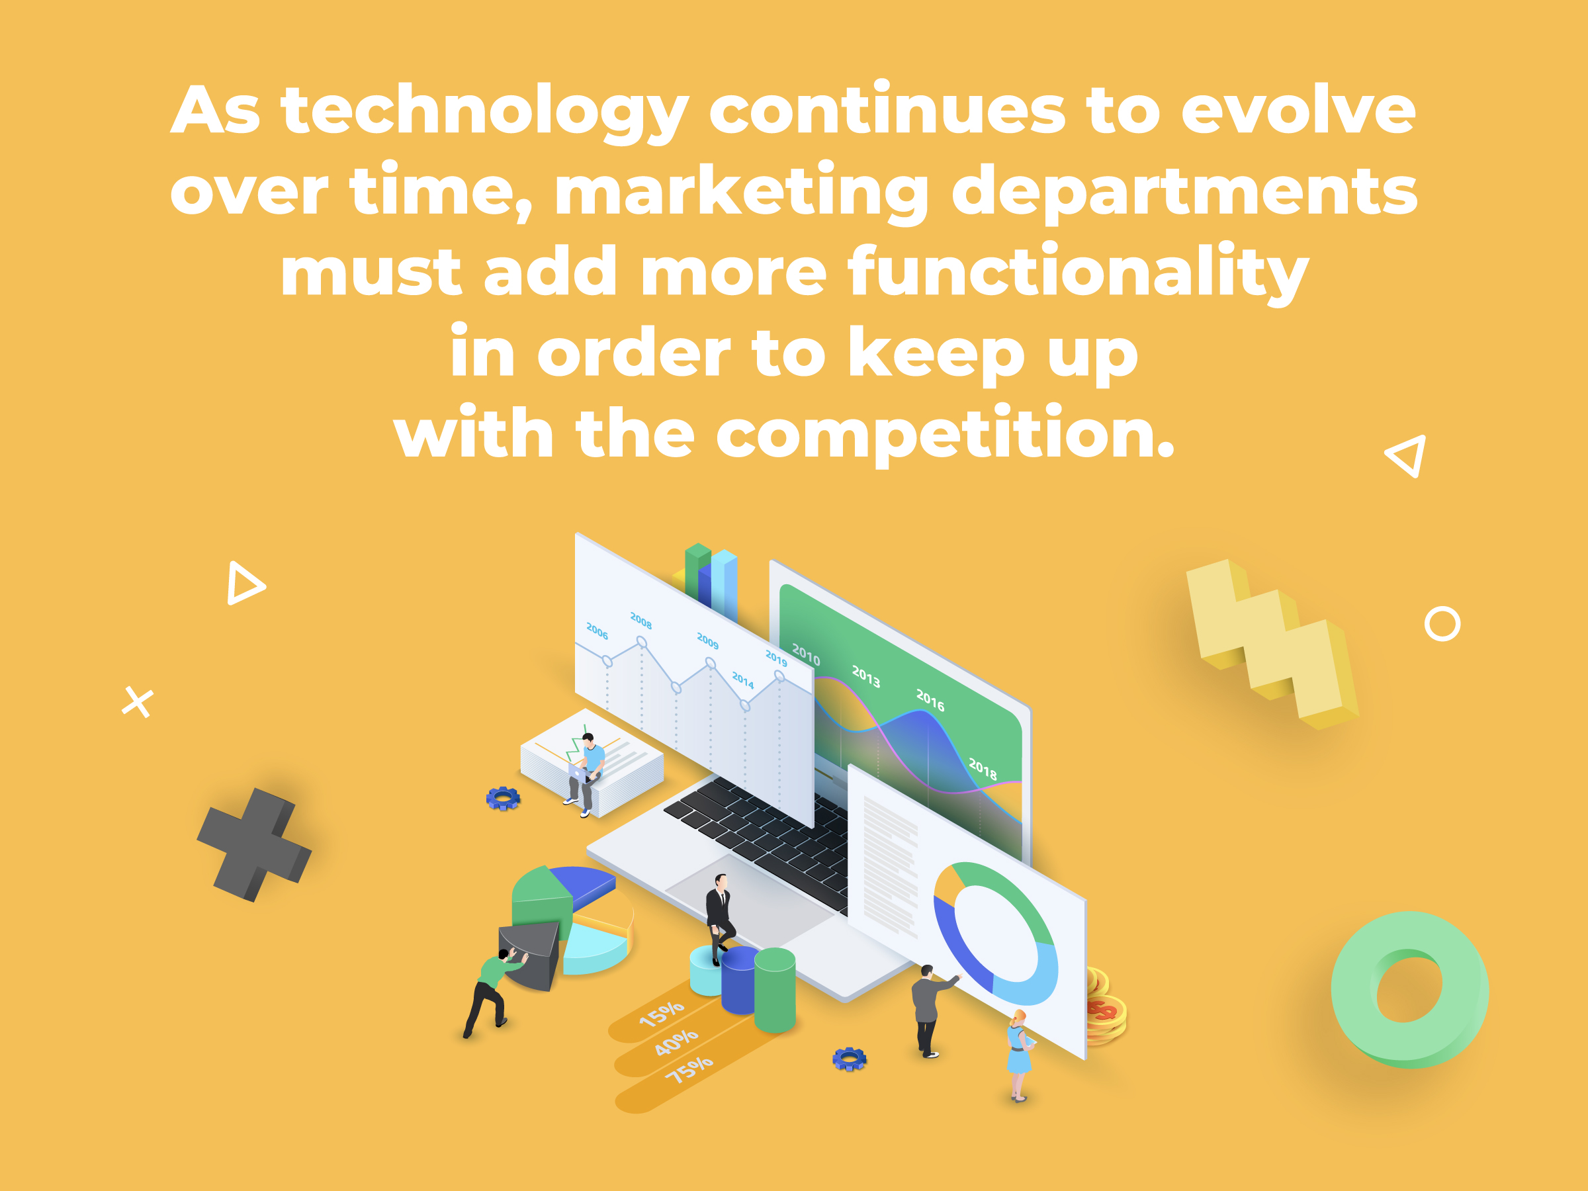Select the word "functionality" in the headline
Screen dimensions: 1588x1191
pos(1079,273)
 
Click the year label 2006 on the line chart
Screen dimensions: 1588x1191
pos(597,631)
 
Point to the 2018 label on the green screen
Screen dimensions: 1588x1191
pos(983,769)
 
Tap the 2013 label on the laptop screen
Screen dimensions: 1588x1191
pos(865,676)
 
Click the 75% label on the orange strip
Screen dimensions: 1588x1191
pos(689,1069)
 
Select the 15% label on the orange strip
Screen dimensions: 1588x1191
pos(661,1014)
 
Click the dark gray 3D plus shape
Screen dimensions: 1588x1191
pos(254,844)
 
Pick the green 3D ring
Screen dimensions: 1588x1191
pos(1409,990)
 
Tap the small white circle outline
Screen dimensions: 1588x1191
pos(1442,624)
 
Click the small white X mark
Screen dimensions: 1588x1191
pos(138,702)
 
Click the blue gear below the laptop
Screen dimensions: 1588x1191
pos(850,1059)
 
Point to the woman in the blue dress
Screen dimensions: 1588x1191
pos(1020,1055)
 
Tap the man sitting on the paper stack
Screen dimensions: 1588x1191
pos(585,774)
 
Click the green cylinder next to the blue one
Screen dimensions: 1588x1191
pos(775,989)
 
